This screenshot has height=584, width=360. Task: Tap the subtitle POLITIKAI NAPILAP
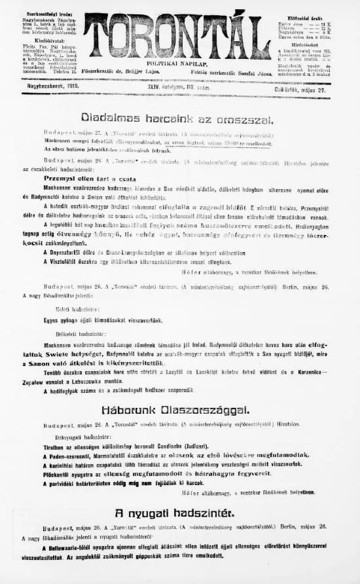pos(177,65)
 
